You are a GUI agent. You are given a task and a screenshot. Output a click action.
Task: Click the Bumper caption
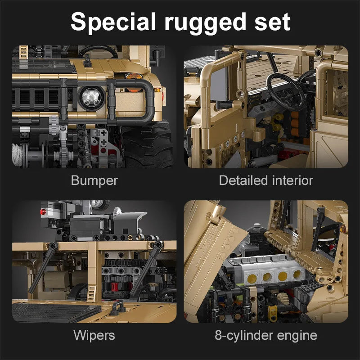(x=94, y=181)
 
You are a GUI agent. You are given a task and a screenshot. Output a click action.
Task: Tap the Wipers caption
(x=94, y=335)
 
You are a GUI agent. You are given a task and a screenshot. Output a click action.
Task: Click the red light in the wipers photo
(x=44, y=211)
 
